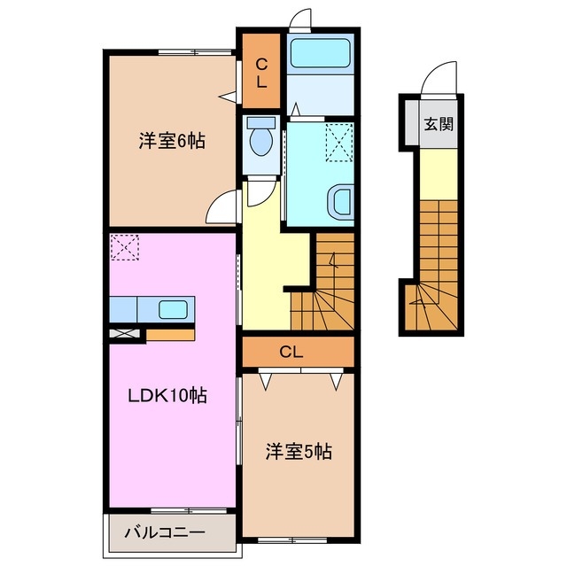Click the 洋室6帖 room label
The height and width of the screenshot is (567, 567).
click(x=172, y=140)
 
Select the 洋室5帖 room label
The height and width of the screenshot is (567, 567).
click(x=299, y=452)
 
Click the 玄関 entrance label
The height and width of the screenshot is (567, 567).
click(x=438, y=123)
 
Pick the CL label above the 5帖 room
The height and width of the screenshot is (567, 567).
click(x=291, y=352)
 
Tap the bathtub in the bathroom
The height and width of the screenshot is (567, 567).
click(x=322, y=53)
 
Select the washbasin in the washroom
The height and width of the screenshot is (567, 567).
click(x=342, y=202)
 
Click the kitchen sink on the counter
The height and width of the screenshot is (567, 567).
click(x=172, y=310)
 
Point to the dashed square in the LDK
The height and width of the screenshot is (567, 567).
click(x=125, y=247)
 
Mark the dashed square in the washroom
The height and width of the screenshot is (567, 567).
click(x=339, y=139)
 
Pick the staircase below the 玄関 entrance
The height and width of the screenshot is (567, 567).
click(x=437, y=266)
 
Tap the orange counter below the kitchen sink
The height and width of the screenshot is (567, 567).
click(x=170, y=335)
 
